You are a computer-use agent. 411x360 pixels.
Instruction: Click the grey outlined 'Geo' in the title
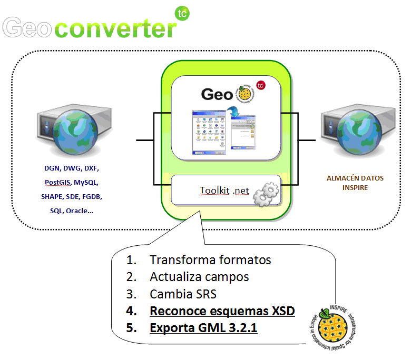click(28, 28)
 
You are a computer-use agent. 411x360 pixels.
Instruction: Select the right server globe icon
click(355, 132)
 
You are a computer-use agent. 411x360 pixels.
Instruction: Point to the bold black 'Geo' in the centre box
click(217, 94)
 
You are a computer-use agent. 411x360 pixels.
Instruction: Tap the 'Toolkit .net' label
click(224, 191)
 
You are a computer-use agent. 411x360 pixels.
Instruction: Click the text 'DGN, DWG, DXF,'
click(71, 169)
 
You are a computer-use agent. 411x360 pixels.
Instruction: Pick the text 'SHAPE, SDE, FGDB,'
click(71, 196)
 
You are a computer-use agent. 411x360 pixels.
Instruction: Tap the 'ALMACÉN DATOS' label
click(355, 178)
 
